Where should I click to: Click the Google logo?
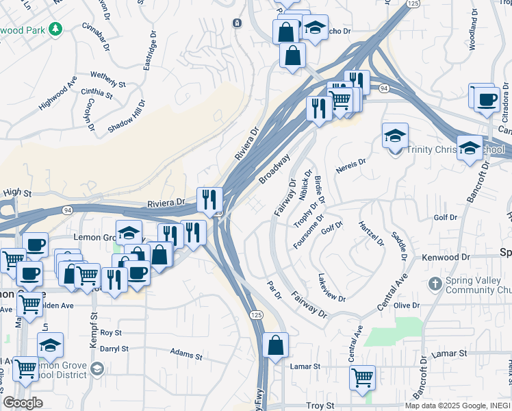[22, 402]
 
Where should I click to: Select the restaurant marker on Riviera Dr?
[209, 199]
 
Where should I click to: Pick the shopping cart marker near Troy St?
[362, 376]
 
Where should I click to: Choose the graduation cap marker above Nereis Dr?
[395, 136]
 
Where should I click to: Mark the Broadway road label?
[274, 169]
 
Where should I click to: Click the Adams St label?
[186, 355]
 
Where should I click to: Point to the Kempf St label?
[94, 328]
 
